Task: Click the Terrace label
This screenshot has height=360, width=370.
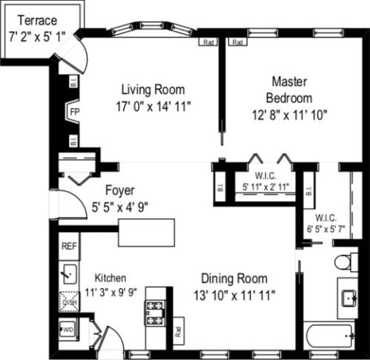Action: (x=36, y=19)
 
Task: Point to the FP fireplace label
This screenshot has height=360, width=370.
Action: (x=74, y=112)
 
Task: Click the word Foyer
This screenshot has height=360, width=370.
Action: (x=119, y=190)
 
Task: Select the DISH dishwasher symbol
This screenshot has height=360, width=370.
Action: (x=70, y=302)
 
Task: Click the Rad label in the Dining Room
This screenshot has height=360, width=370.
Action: (x=179, y=332)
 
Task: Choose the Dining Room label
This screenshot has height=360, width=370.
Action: (x=234, y=279)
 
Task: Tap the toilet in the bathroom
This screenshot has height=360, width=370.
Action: (x=343, y=262)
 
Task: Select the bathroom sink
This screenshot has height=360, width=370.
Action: (x=348, y=298)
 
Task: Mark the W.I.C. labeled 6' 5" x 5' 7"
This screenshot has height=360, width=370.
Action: (x=326, y=223)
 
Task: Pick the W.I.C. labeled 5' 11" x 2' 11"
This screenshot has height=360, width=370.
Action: (x=266, y=181)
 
